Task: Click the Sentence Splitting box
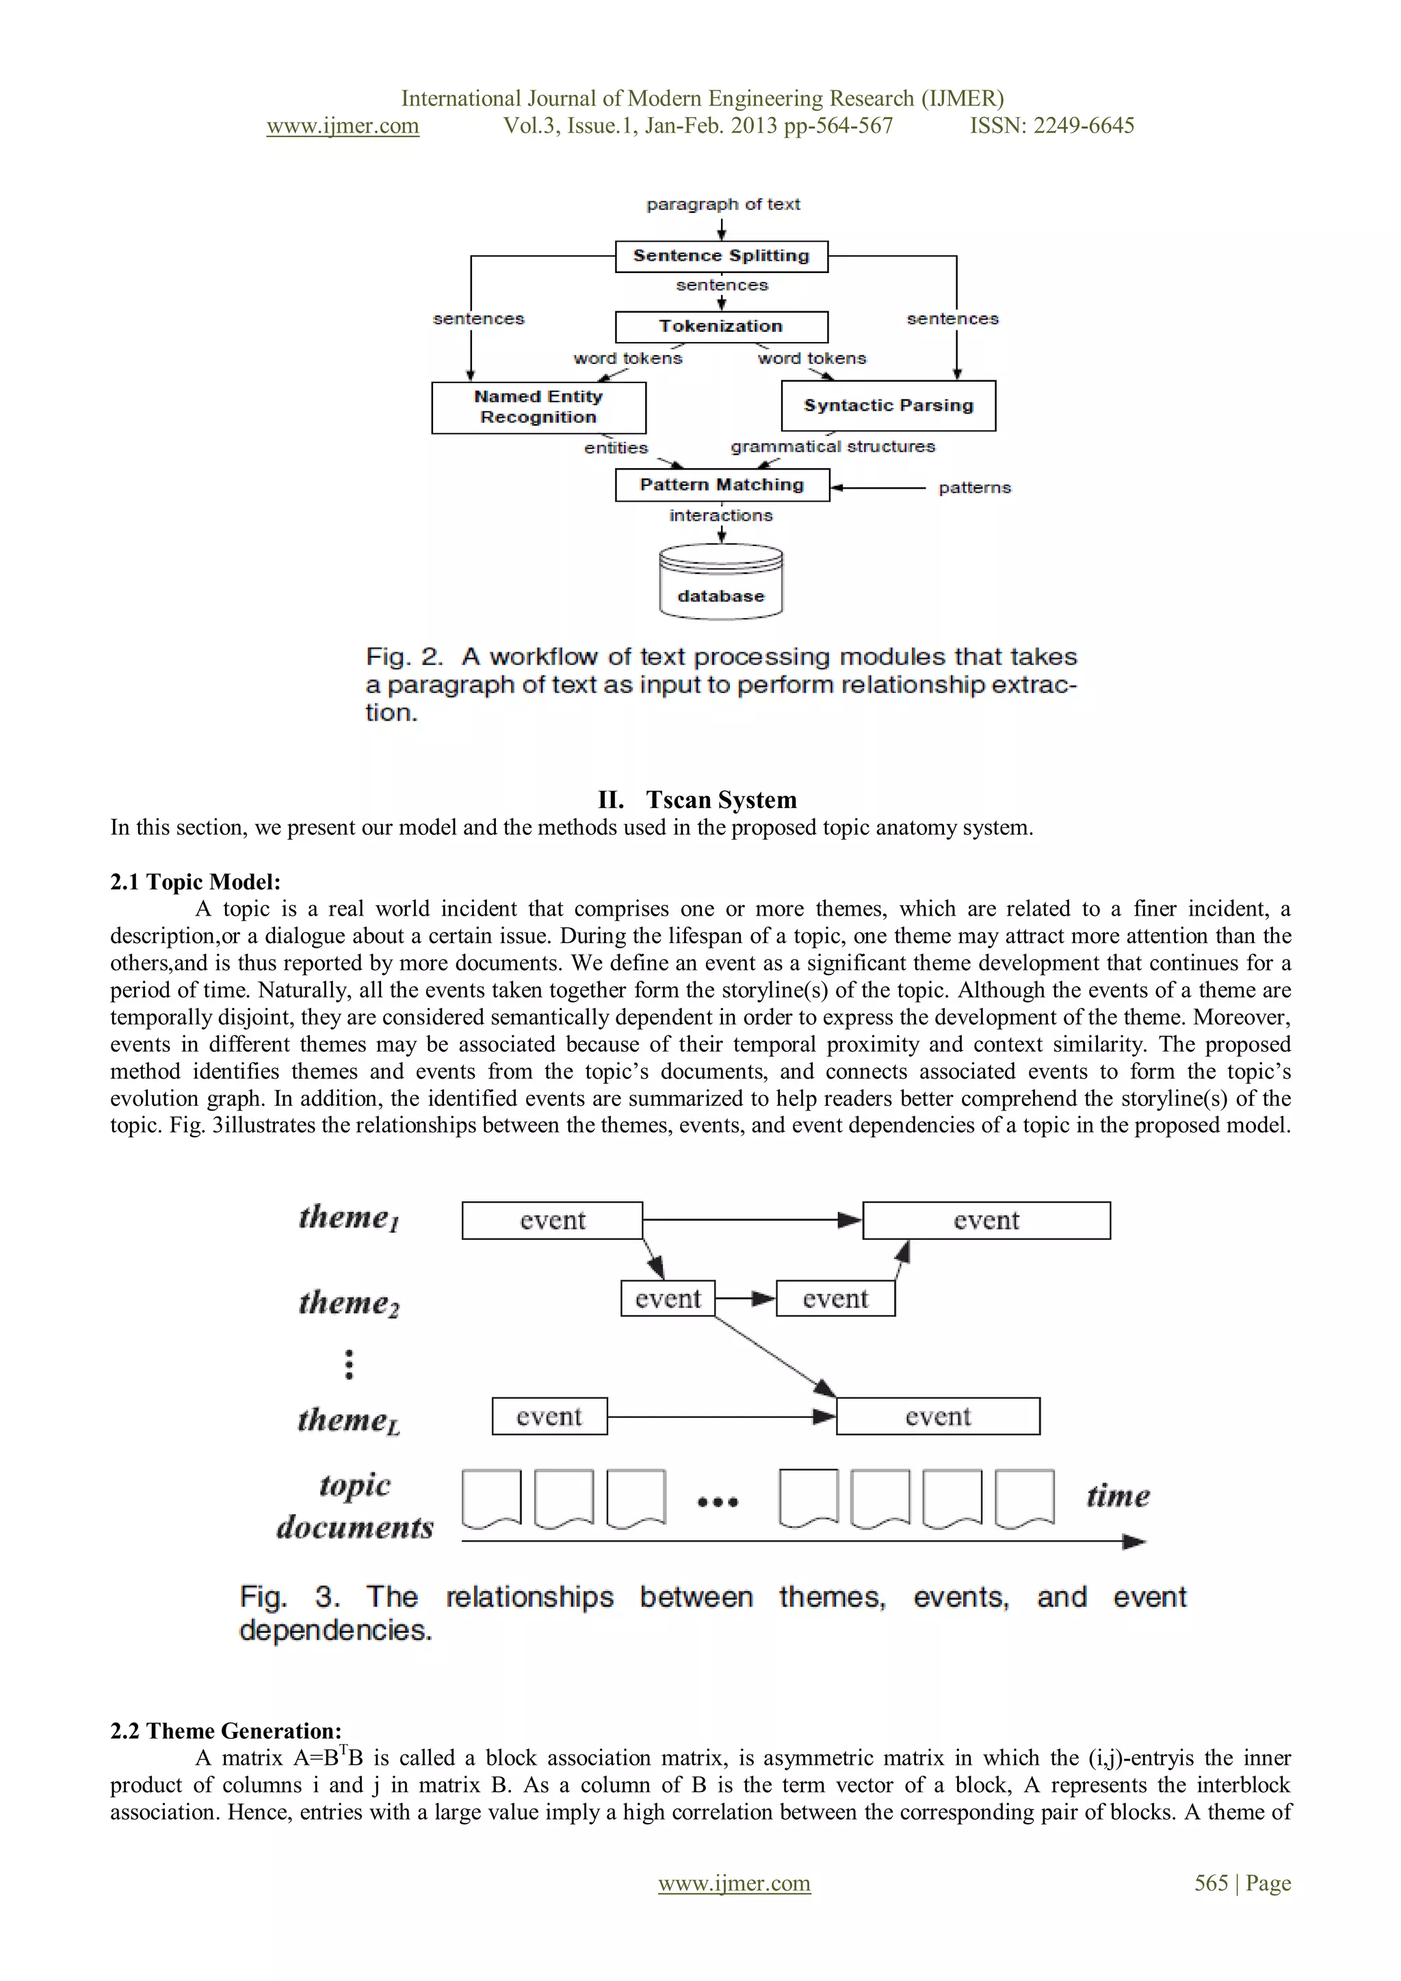pyautogui.click(x=721, y=256)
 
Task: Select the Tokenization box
pyautogui.click(x=721, y=326)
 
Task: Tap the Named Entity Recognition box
pyautogui.click(x=538, y=407)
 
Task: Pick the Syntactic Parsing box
pyautogui.click(x=888, y=406)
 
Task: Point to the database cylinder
pyautogui.click(x=721, y=582)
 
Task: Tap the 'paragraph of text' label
pyautogui.click(x=723, y=205)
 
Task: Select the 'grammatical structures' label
pyautogui.click(x=833, y=446)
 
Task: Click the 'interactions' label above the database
pyautogui.click(x=721, y=515)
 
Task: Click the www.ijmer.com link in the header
pyautogui.click(x=343, y=126)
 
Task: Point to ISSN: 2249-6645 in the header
pyautogui.click(x=1051, y=126)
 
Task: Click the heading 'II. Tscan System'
pyautogui.click(x=697, y=800)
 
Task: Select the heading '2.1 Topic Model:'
pyautogui.click(x=196, y=882)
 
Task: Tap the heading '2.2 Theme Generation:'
pyautogui.click(x=226, y=1731)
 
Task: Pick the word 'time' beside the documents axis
pyautogui.click(x=1117, y=1495)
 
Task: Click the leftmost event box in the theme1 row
pyautogui.click(x=552, y=1220)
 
